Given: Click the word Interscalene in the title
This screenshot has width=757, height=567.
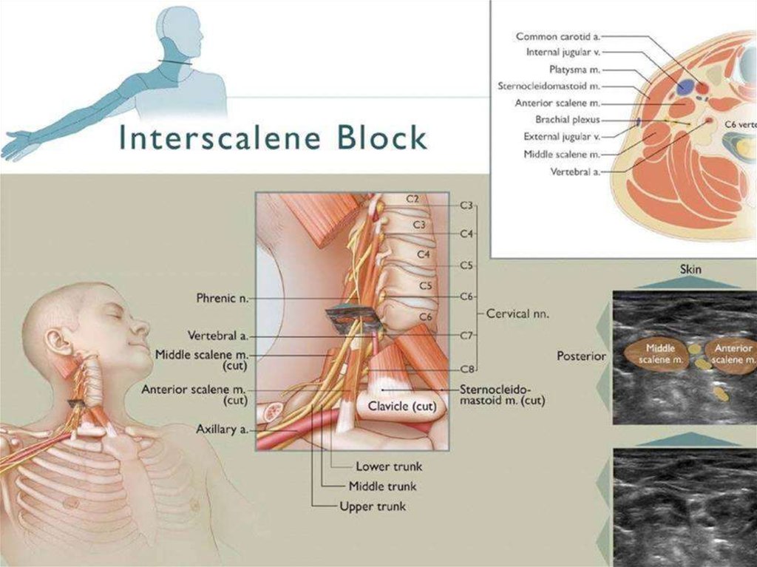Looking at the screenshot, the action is (219, 137).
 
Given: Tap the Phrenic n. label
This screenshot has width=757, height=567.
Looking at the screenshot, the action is (222, 299).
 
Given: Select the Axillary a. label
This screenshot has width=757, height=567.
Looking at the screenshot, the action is (222, 429).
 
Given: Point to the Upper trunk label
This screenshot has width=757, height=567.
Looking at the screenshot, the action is (373, 506).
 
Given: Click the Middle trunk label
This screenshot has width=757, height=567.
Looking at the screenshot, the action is (382, 486).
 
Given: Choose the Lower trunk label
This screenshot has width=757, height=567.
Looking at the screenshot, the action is (389, 466).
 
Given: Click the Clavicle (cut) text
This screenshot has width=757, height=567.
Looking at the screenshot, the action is (402, 406).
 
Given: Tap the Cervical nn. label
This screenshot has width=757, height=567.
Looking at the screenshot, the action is (517, 314).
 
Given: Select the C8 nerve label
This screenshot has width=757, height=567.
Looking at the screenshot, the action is (467, 370).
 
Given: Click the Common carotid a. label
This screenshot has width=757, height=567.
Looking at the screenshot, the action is (558, 37).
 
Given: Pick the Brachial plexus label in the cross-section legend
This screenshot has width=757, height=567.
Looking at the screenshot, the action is (568, 120).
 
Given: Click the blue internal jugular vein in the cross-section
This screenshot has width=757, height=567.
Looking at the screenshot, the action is (685, 87).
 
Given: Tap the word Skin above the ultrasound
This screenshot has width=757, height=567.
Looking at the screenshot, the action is (690, 269).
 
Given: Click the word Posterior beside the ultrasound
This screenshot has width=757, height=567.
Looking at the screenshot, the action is (581, 356).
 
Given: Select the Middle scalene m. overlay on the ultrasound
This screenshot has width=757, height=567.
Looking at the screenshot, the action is (656, 354).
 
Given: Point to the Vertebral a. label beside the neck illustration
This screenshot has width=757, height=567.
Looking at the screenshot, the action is (218, 335).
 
